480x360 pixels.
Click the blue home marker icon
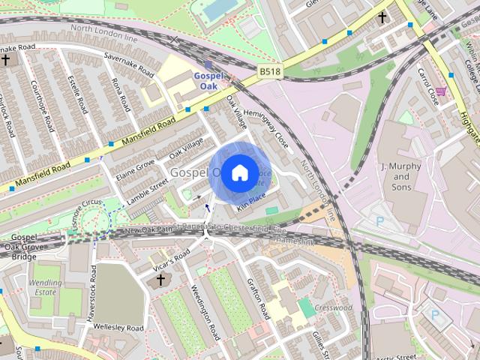click(238, 172)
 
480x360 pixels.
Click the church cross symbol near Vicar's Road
click(160, 280)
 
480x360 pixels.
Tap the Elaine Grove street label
click(136, 167)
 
